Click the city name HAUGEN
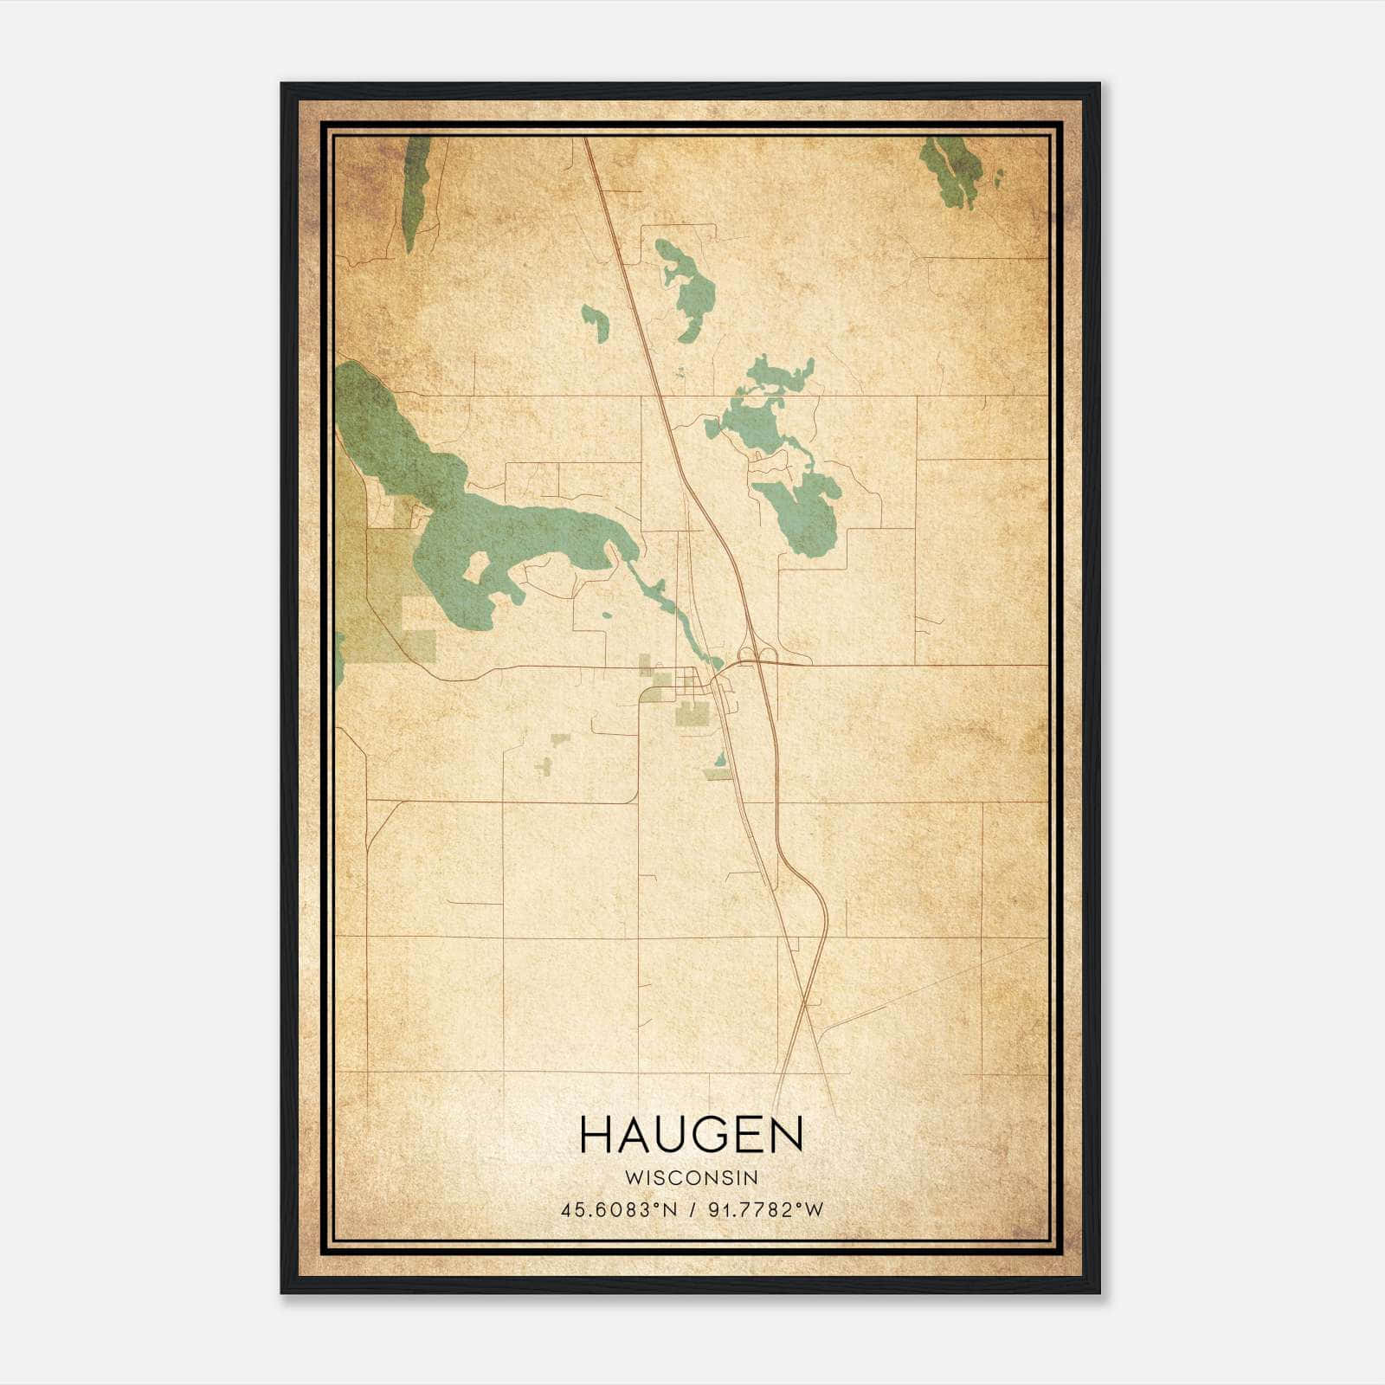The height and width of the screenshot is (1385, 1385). [x=692, y=1135]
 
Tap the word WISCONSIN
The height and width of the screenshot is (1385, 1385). [x=692, y=1178]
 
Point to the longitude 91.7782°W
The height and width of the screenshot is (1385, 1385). [x=766, y=1210]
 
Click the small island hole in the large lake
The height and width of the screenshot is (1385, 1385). [x=476, y=567]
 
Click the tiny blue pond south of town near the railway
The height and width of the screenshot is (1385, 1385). [x=720, y=760]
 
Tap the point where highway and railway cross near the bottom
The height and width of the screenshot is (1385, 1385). [x=805, y=1004]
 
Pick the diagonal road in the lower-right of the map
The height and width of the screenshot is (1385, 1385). [x=935, y=982]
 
